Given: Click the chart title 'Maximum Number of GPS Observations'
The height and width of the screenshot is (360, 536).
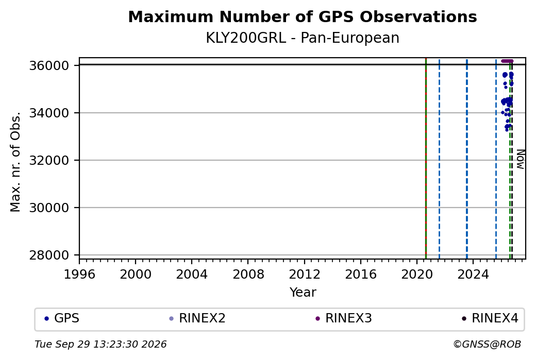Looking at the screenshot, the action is pyautogui.click(x=303, y=16).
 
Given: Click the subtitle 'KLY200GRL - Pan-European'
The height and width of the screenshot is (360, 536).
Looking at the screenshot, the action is pyautogui.click(x=303, y=38).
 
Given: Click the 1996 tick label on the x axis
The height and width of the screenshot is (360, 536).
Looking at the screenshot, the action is pyautogui.click(x=79, y=275).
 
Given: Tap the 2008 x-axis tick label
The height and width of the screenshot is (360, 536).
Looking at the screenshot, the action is pyautogui.click(x=248, y=275).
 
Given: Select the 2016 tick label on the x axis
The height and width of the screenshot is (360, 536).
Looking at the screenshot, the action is pyautogui.click(x=361, y=275).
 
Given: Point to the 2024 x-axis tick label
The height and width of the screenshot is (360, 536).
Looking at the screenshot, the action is pyautogui.click(x=473, y=275).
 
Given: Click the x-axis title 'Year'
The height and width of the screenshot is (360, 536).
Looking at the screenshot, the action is pyautogui.click(x=303, y=293).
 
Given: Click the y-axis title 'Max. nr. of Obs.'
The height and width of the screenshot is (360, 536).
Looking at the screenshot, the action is pyautogui.click(x=15, y=161).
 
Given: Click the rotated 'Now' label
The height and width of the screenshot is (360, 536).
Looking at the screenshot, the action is pyautogui.click(x=520, y=159).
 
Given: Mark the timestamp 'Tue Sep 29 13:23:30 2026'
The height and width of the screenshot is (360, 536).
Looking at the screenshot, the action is pyautogui.click(x=100, y=344).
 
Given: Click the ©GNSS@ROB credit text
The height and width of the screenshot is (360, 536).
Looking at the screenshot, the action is pyautogui.click(x=487, y=344).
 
